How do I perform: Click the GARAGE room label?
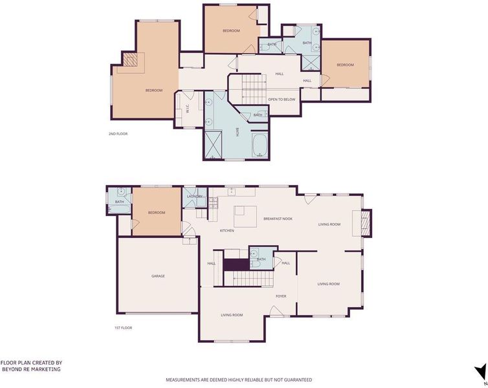[158, 276]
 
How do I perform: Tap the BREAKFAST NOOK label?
[278, 219]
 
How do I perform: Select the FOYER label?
[281, 296]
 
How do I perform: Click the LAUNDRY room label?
[195, 197]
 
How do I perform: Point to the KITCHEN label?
[227, 231]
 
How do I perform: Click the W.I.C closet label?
[187, 109]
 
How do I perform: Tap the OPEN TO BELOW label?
[282, 100]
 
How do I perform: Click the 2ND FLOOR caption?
[118, 134]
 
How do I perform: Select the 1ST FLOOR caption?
[123, 328]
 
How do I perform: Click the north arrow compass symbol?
[480, 372]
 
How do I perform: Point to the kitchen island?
[245, 217]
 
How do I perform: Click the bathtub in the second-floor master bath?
[260, 145]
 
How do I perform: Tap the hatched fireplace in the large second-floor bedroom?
[129, 59]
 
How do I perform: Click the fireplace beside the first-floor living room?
[366, 223]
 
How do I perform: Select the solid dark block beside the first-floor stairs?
[236, 264]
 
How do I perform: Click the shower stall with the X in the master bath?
[213, 145]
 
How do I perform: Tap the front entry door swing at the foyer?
[276, 311]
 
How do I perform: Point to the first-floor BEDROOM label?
[157, 213]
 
